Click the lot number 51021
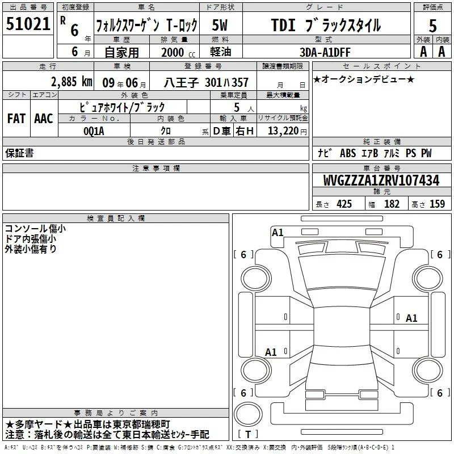pyautogui.click(x=28, y=24)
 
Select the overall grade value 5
pyautogui.click(x=432, y=26)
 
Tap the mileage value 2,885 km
pyautogui.click(x=72, y=82)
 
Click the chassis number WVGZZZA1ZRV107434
pyautogui.click(x=381, y=180)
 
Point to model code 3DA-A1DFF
pyautogui.click(x=325, y=52)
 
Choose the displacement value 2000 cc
pyautogui.click(x=178, y=52)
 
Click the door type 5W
pyautogui.click(x=220, y=25)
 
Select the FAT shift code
pyautogui.click(x=16, y=119)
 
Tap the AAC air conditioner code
pyautogui.click(x=44, y=119)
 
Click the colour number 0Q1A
pyautogui.click(x=94, y=131)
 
